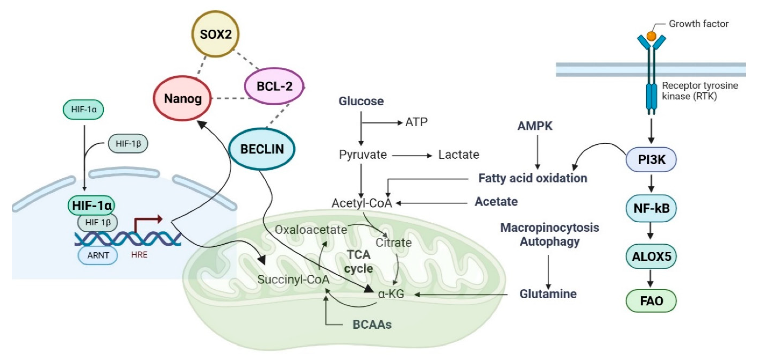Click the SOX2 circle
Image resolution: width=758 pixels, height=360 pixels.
215,34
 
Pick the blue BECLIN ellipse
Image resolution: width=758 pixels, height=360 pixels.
262,149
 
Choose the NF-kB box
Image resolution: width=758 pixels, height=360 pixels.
651,208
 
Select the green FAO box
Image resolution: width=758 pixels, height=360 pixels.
651,301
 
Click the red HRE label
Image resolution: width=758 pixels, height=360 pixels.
139,255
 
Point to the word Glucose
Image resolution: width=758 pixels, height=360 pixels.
361,101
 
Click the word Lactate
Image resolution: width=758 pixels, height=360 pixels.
458,154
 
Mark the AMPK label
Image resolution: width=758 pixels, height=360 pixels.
535,126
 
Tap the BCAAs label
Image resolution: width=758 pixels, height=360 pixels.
372,324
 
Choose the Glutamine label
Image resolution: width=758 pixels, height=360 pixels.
548,294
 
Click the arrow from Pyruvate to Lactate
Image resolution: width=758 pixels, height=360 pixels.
412,155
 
